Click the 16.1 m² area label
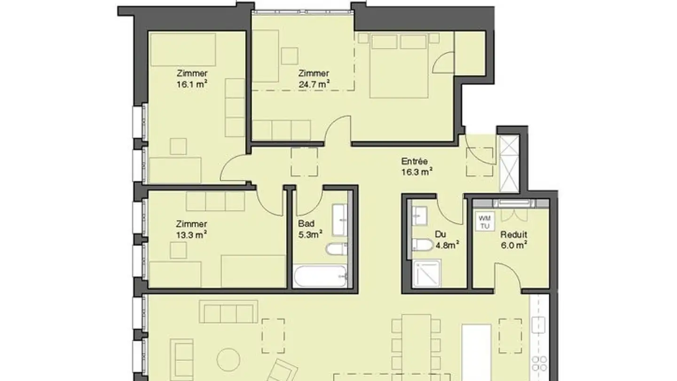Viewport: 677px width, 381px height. (192, 84)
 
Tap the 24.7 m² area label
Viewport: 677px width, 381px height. (314, 84)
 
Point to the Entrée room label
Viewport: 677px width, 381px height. (414, 161)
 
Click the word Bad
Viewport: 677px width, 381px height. (306, 224)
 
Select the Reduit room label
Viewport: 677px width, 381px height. (514, 234)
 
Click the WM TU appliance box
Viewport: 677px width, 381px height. (485, 222)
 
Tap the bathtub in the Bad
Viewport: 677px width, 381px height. (320, 276)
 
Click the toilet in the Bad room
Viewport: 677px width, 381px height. (337, 249)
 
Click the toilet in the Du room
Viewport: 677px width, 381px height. (423, 245)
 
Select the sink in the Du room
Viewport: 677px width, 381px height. (419, 215)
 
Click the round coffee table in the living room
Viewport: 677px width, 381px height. (228, 360)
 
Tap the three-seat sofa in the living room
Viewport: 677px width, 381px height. (228, 311)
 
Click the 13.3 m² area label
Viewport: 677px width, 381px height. (191, 235)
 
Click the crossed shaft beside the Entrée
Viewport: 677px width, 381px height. (509, 163)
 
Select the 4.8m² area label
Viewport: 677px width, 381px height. (447, 245)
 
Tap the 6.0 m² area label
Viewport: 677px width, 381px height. (514, 245)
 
